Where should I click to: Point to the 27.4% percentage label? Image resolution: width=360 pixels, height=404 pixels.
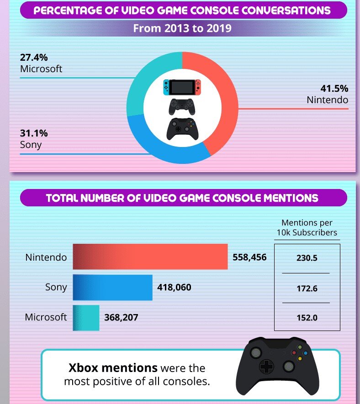click(x=34, y=58)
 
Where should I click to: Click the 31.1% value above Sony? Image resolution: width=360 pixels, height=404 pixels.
click(x=34, y=134)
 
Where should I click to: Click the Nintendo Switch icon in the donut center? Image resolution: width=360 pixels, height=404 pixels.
click(x=182, y=87)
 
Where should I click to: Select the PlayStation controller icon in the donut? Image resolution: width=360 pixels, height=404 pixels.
click(x=182, y=106)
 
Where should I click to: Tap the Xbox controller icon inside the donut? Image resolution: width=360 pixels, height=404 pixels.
click(x=182, y=129)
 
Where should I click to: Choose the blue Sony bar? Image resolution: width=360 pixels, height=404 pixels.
click(x=112, y=288)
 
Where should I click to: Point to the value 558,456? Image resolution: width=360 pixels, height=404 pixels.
click(x=249, y=257)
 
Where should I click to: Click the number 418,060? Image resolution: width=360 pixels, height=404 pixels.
click(x=174, y=288)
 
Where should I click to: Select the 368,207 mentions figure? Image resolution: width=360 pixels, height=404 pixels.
click(x=121, y=317)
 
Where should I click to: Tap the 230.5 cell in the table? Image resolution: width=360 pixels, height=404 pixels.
click(x=307, y=258)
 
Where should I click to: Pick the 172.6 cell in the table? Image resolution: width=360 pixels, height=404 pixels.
click(x=307, y=289)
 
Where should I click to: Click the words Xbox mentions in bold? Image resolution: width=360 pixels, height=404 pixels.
click(x=113, y=367)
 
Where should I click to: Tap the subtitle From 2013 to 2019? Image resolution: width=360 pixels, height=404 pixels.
click(x=182, y=28)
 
